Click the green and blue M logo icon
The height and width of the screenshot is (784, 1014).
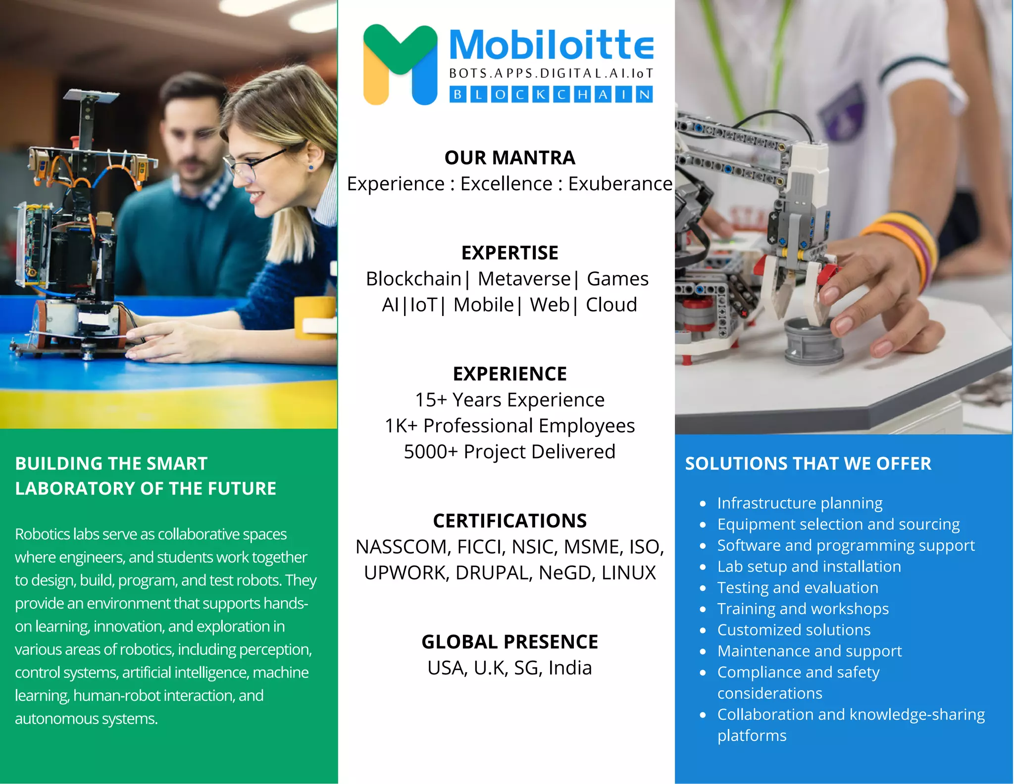coord(400,64)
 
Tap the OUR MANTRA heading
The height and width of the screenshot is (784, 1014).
coord(509,157)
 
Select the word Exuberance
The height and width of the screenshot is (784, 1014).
coord(620,184)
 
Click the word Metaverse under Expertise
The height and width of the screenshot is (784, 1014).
coord(524,279)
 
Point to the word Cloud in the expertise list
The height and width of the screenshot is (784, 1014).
coord(611,305)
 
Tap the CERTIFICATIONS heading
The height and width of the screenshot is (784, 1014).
coord(509,521)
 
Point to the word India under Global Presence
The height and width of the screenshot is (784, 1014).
coord(570,668)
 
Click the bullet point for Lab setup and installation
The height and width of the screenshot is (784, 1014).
coord(703,567)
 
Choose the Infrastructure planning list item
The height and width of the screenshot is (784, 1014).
coord(800,503)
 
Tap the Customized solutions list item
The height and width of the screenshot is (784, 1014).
coord(794,630)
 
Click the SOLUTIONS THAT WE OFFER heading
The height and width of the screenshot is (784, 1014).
coord(808,464)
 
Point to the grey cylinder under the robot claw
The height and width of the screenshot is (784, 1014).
coord(812,342)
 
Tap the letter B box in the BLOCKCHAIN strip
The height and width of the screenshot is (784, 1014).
coord(458,95)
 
